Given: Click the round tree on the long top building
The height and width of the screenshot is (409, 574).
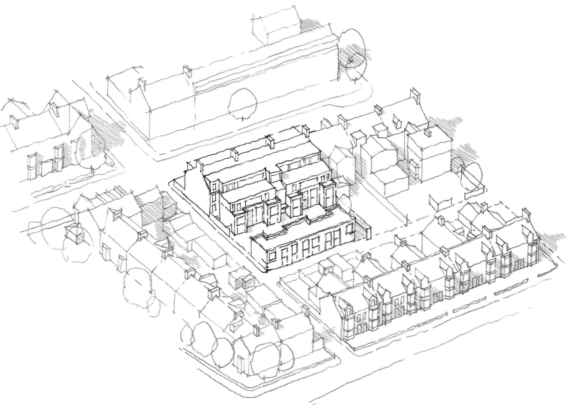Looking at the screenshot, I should [243, 106].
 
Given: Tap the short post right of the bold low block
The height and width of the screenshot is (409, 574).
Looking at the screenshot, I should [369, 234].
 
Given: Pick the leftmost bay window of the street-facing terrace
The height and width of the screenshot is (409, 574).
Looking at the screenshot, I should [347, 330].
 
